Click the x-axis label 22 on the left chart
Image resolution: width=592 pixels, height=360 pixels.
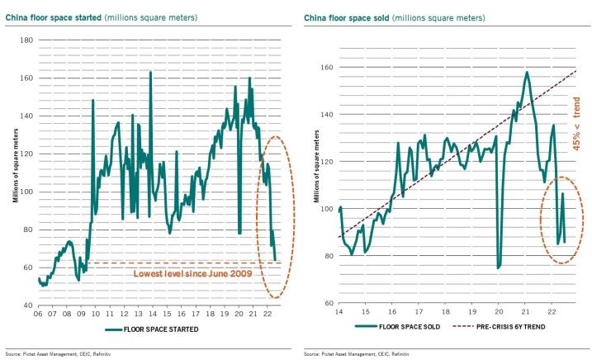click(266, 315)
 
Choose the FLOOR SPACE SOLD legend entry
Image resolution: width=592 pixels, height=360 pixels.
click(402, 327)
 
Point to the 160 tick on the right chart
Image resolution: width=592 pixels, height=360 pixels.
click(329, 67)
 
